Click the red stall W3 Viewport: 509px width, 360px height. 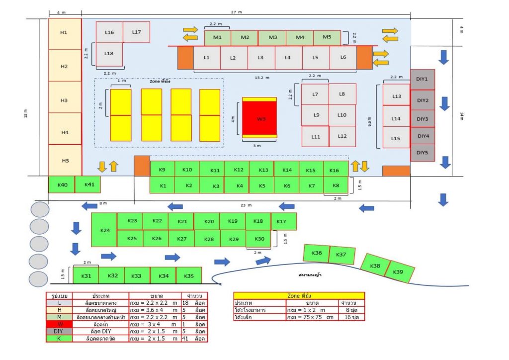pyautogui.click(x=259, y=118)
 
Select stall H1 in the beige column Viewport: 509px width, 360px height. pyautogui.click(x=64, y=33)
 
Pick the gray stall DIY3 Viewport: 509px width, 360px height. pyautogui.click(x=422, y=119)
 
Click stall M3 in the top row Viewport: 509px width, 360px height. pyautogui.click(x=272, y=38)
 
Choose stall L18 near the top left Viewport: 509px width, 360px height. pyautogui.click(x=109, y=54)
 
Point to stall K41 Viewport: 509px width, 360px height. pyautogui.click(x=89, y=184)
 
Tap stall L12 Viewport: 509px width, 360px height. pyautogui.click(x=342, y=136)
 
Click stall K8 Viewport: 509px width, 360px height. pyautogui.click(x=336, y=185)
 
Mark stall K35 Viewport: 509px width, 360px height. pyautogui.click(x=188, y=275)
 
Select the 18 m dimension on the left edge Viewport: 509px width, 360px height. pyautogui.click(x=26, y=116)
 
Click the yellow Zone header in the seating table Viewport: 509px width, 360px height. pyautogui.click(x=299, y=295)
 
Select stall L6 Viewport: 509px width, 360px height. pyautogui.click(x=342, y=58)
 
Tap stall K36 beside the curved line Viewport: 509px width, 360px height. pyautogui.click(x=316, y=253)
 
